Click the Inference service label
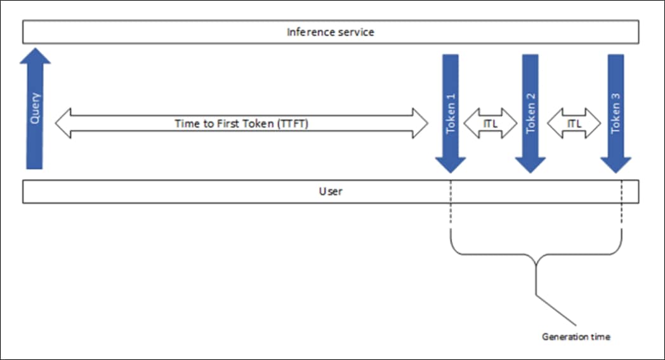[x=330, y=32]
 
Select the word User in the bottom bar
[x=330, y=191]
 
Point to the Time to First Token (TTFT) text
[x=241, y=124]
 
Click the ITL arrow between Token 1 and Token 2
[x=491, y=123]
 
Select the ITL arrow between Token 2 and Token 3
[x=574, y=123]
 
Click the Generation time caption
[x=576, y=337]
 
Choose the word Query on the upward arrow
[x=36, y=108]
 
